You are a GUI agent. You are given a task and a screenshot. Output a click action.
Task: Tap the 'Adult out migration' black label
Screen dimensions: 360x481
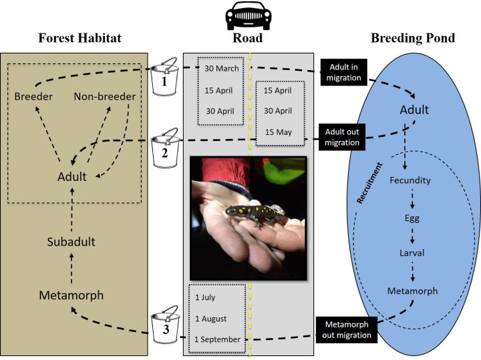click(344, 136)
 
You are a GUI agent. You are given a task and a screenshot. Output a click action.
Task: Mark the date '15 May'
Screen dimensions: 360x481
click(278, 132)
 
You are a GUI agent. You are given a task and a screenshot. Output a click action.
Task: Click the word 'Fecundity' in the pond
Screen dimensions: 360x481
click(410, 180)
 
